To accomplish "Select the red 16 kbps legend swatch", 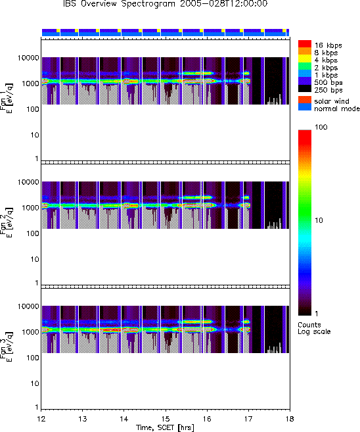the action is pyautogui.click(x=305, y=44).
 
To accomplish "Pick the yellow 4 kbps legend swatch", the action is pyautogui.click(x=305, y=59).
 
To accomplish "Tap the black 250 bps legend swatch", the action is pyautogui.click(x=305, y=89).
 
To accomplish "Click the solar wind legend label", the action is pyautogui.click(x=332, y=101).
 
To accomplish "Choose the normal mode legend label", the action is pyautogui.click(x=337, y=108).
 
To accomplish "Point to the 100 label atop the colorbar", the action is pyautogui.click(x=321, y=127).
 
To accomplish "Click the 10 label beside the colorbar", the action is pyautogui.click(x=319, y=220).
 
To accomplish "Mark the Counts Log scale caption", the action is pyautogui.click(x=314, y=328).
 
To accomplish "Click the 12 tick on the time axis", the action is pyautogui.click(x=41, y=419).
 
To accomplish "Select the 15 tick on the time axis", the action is pyautogui.click(x=166, y=419).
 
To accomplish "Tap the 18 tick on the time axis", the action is pyautogui.click(x=290, y=419).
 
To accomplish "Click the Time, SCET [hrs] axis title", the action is pyautogui.click(x=165, y=427).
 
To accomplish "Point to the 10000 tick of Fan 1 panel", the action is pyautogui.click(x=28, y=58).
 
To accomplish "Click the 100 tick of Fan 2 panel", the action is pyautogui.click(x=33, y=233).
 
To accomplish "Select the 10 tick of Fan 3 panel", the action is pyautogui.click(x=35, y=383).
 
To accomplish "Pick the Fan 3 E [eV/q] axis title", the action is pyautogui.click(x=7, y=347).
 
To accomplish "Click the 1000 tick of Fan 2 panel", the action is pyautogui.click(x=31, y=208).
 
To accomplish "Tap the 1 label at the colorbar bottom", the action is pyautogui.click(x=317, y=314).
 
